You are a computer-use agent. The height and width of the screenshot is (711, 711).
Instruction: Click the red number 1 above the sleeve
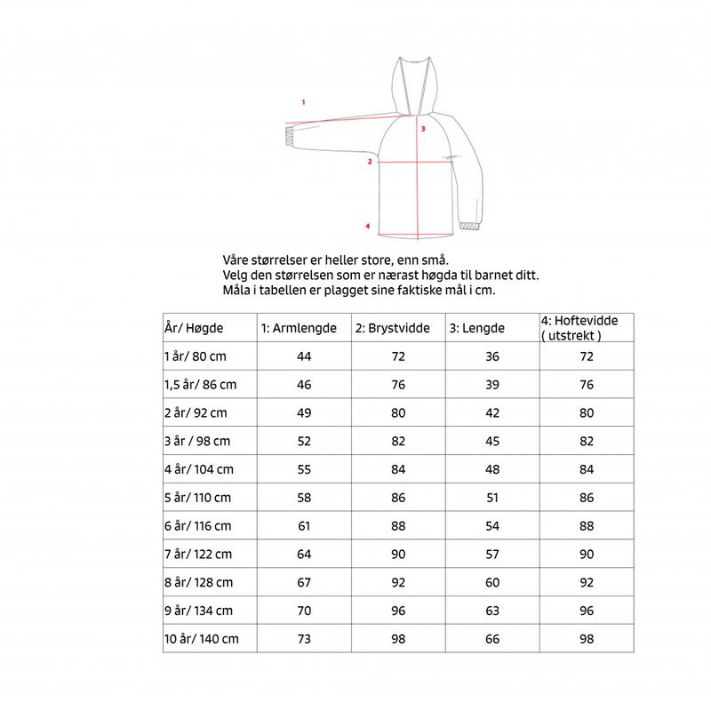[304, 102]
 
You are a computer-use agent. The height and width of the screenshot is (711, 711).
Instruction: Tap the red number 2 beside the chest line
[369, 162]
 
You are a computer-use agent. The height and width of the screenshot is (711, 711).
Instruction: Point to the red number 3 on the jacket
[424, 129]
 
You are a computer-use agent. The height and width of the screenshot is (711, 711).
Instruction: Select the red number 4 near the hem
[367, 226]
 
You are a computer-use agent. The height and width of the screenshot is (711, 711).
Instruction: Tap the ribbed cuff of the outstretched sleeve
[289, 135]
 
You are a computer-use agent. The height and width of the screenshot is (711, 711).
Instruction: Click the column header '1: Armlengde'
[299, 328]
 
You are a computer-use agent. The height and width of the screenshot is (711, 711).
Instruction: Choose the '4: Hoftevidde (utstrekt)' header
[579, 328]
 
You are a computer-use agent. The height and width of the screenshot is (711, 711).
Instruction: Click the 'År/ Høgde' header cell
[195, 328]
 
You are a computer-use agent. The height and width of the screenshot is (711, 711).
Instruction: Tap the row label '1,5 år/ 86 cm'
[202, 385]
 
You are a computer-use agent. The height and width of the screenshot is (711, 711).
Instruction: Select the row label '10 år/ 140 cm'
[203, 639]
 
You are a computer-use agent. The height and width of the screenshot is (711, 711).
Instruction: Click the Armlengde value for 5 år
[304, 498]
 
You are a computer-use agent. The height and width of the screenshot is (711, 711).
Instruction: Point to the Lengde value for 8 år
[492, 582]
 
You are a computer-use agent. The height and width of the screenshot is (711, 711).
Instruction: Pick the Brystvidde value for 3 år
[398, 441]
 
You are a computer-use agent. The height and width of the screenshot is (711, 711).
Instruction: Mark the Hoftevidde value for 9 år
[587, 611]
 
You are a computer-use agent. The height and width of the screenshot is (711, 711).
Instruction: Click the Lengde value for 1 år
[492, 356]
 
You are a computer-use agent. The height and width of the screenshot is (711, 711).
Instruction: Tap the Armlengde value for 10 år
[304, 639]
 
